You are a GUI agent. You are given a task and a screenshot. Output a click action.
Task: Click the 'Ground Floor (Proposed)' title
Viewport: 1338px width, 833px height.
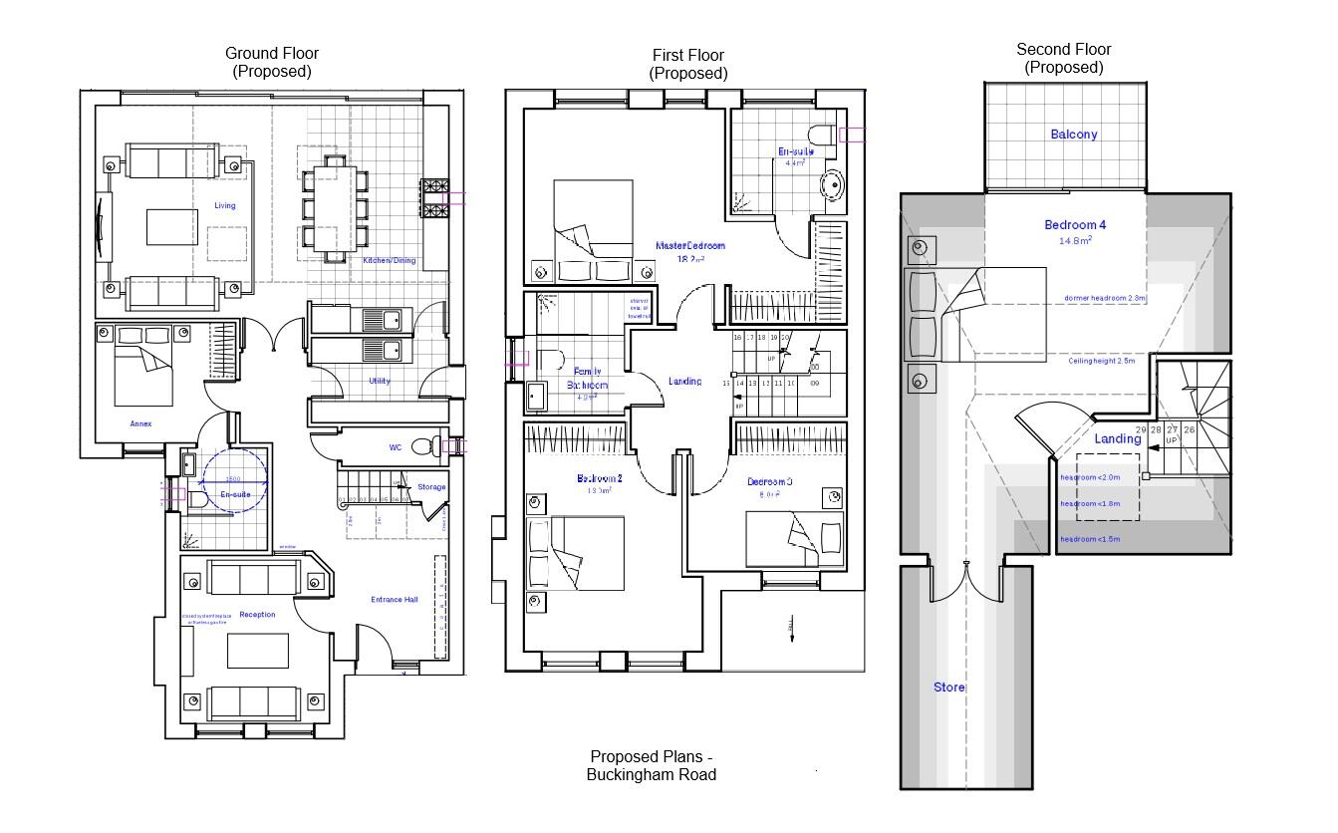[x=272, y=62]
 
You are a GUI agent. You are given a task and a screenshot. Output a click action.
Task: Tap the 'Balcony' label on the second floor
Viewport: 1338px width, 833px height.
[x=1073, y=135]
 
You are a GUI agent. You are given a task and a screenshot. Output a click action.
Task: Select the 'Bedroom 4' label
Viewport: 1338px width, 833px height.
[x=1075, y=225]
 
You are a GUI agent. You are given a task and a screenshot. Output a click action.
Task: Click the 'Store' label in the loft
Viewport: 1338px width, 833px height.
[x=948, y=688]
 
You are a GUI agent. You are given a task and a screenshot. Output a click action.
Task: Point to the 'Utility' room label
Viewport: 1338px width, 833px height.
[x=380, y=381]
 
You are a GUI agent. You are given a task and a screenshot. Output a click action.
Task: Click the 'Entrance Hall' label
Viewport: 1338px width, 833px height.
[x=394, y=600]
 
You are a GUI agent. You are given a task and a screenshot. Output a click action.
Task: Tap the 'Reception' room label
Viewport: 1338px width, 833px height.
[x=257, y=615]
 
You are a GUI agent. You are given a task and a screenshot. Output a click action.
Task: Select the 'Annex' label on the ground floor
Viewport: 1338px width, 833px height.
[x=140, y=423]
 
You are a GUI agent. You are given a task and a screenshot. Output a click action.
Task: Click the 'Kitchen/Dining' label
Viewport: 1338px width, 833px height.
[x=390, y=261]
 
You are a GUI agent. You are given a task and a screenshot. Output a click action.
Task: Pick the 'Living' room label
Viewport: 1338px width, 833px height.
[x=225, y=206]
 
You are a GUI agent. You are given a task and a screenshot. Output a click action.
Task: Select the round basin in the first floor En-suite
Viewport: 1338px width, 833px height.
[x=831, y=186]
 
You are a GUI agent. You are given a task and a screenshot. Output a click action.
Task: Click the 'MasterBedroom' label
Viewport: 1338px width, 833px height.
[x=690, y=245]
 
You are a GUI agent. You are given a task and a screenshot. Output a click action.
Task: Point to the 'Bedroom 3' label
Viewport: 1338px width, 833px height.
[x=769, y=482]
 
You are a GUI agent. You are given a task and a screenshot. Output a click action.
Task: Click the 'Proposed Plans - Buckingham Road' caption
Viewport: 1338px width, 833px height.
[x=652, y=765]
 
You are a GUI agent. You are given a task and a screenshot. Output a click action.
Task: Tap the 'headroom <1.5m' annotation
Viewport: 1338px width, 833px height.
[x=1090, y=539]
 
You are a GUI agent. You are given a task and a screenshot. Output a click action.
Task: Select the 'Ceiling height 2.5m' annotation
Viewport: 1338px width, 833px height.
[x=1102, y=361]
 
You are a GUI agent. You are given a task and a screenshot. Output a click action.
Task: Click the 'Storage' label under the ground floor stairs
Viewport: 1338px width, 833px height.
[x=431, y=487]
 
